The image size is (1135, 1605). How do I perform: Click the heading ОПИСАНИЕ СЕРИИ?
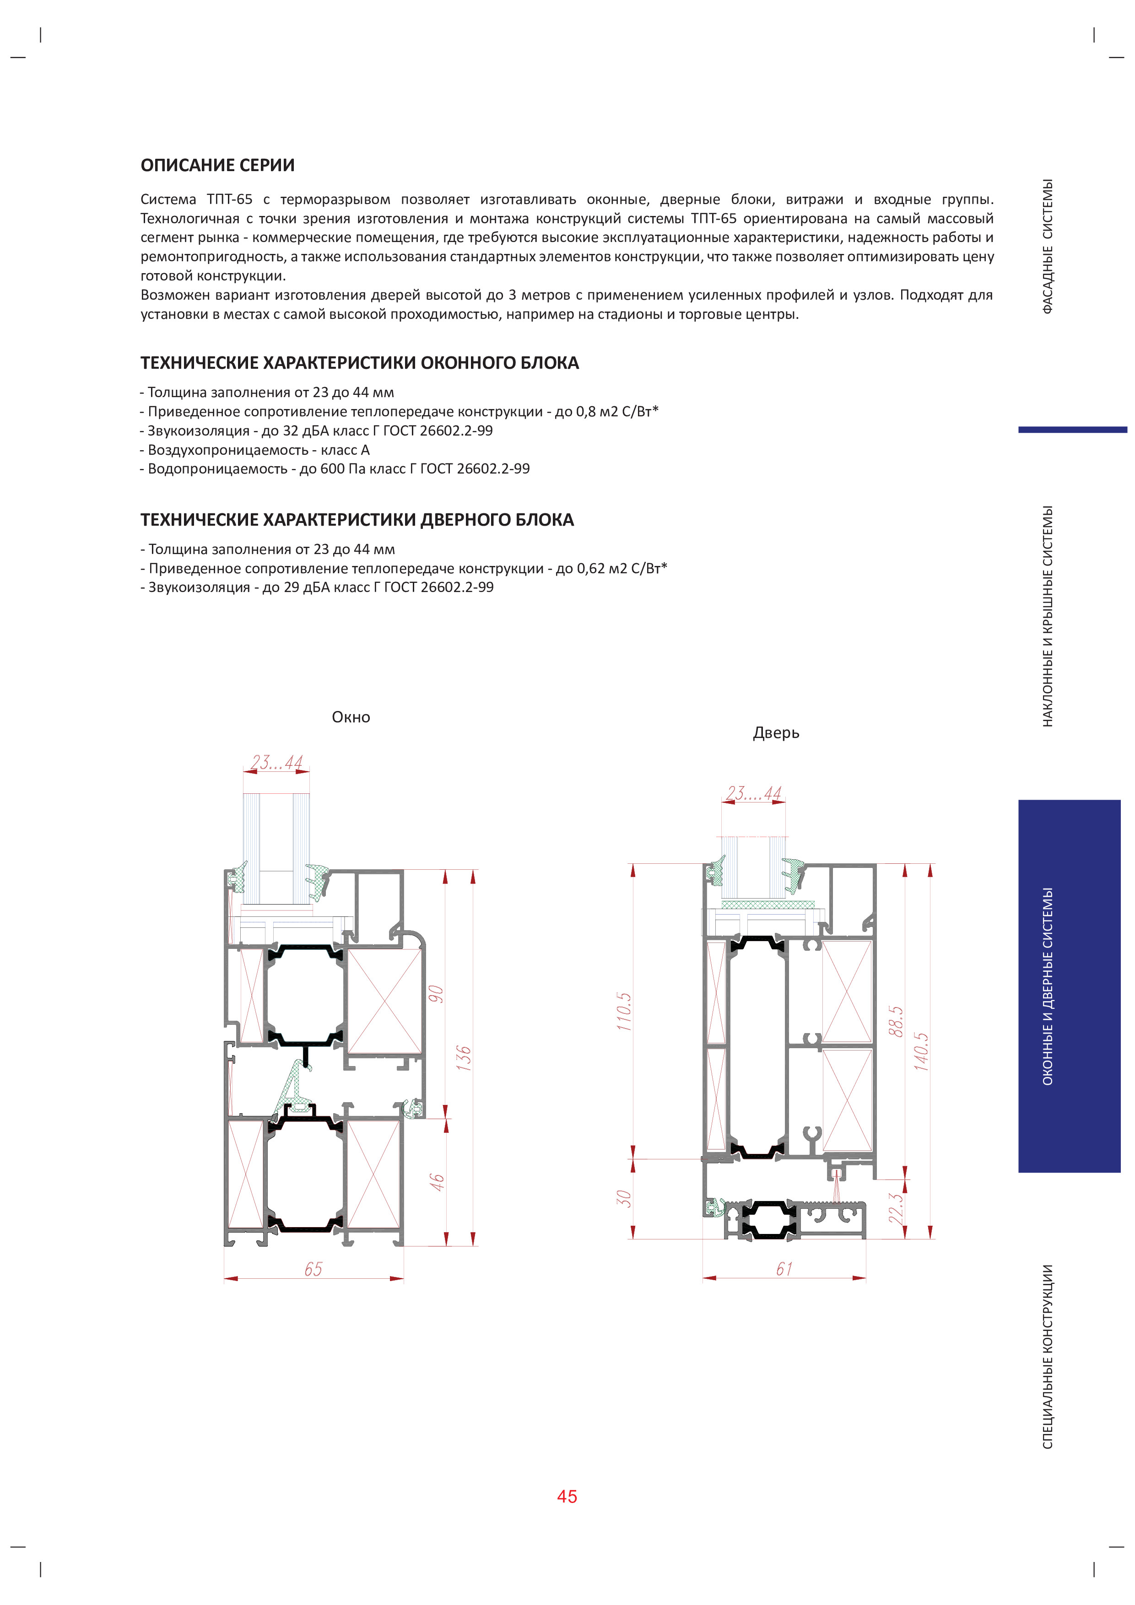coord(217,166)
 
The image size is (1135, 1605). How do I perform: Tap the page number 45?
coord(567,1496)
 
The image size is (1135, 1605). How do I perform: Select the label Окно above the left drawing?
coord(351,717)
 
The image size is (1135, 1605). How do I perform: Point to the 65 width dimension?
coord(313,1269)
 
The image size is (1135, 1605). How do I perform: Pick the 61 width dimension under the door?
coord(784,1269)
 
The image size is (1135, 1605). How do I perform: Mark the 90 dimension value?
coord(436,993)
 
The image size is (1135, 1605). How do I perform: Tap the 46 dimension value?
coord(436,1181)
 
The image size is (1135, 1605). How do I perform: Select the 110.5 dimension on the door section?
coord(624,1012)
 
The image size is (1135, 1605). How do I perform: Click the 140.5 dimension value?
coord(922,1051)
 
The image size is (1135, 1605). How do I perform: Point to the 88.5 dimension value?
coord(897,1021)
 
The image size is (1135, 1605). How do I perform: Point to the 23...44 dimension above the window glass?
coord(277,762)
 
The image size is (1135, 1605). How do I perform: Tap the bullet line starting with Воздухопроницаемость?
coord(255,450)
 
